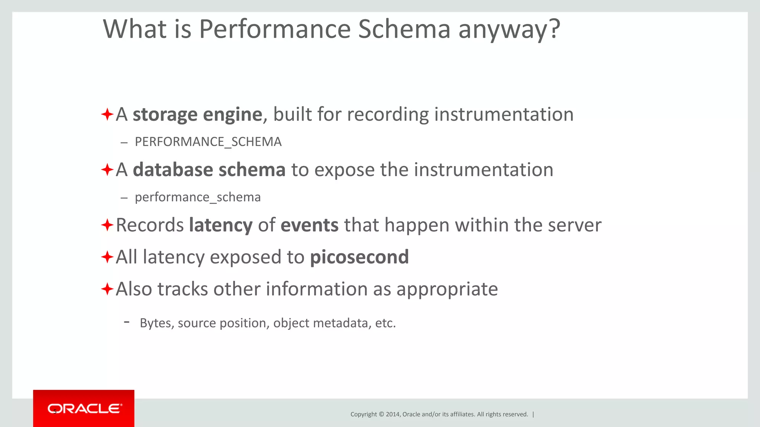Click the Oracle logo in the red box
(x=85, y=408)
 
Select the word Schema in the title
(x=404, y=29)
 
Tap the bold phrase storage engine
(x=197, y=115)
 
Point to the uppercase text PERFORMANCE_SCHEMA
(x=208, y=142)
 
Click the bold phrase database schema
(x=209, y=170)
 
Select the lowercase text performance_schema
(x=197, y=197)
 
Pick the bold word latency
(x=221, y=225)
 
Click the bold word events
(x=309, y=225)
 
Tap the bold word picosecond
(x=359, y=257)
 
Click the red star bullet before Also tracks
(x=107, y=289)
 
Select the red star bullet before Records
(x=107, y=225)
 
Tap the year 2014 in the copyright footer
(x=393, y=414)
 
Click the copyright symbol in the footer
(x=381, y=414)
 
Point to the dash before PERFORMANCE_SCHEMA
(x=124, y=142)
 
